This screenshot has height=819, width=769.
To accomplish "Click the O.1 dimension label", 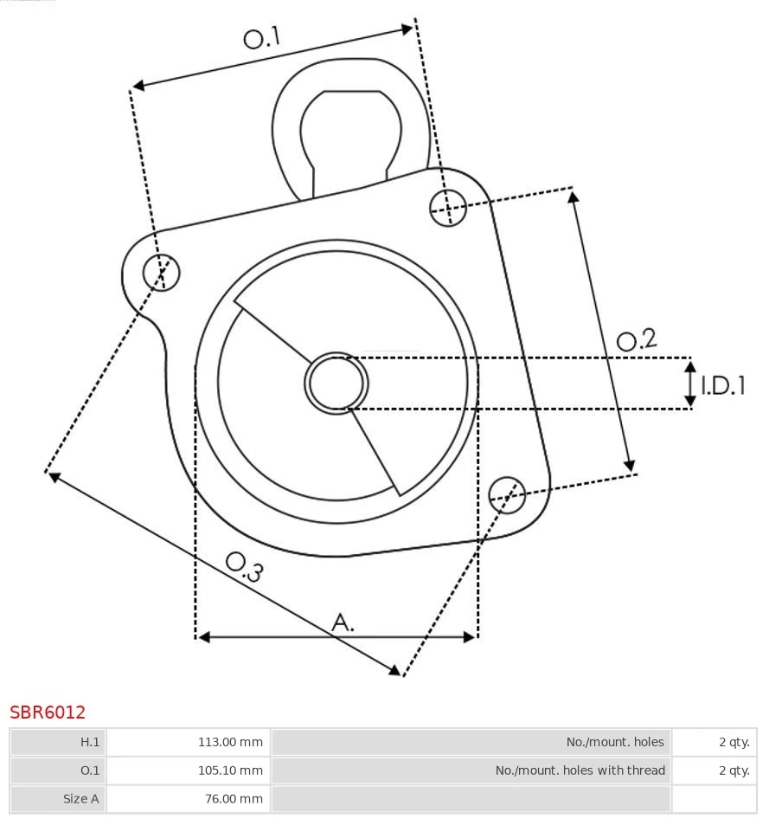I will (x=262, y=38).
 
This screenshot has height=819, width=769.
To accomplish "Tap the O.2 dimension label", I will (x=637, y=340).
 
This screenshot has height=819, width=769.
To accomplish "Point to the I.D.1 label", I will (x=722, y=385).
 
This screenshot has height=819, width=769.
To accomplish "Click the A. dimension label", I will (x=343, y=622).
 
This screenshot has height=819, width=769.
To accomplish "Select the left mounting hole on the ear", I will (x=161, y=273).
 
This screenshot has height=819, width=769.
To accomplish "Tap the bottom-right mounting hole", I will (x=507, y=493).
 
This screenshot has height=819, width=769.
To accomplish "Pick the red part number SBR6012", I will (x=48, y=713).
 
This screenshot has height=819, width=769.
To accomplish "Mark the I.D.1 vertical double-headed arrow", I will (x=690, y=384).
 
